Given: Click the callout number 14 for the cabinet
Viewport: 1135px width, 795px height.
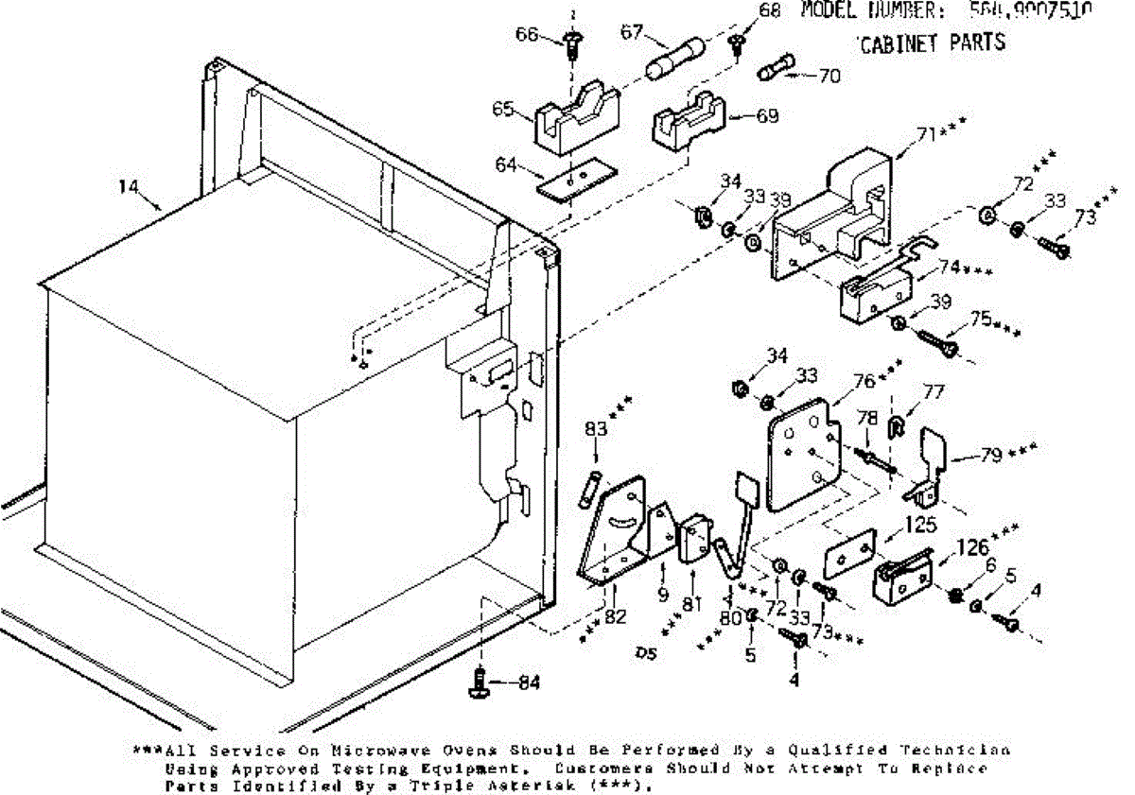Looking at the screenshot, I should pos(129,187).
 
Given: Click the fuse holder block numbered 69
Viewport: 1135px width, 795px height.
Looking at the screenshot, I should pos(687,122).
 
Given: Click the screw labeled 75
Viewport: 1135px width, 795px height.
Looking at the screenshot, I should pos(936,340).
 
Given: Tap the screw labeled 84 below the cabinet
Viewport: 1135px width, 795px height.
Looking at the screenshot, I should pos(483,682).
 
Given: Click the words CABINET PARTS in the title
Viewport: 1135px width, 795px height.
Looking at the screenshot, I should pos(932,43).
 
